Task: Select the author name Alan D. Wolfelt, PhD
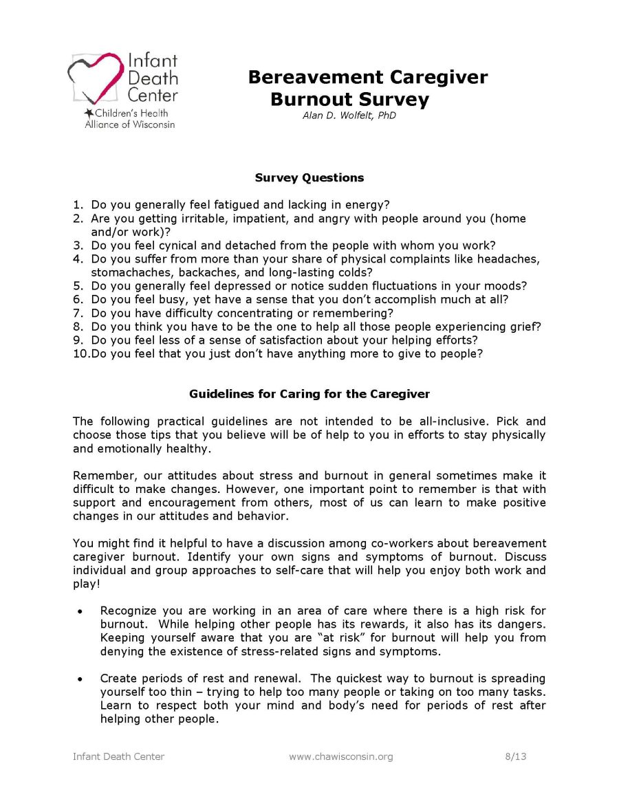coord(349,116)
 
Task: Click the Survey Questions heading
coord(309,177)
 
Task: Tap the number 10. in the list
coord(80,353)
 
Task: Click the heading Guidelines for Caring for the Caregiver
coord(309,394)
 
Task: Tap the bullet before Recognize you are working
coord(80,611)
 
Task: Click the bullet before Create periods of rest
coord(80,679)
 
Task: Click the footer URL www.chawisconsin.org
coord(340,757)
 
